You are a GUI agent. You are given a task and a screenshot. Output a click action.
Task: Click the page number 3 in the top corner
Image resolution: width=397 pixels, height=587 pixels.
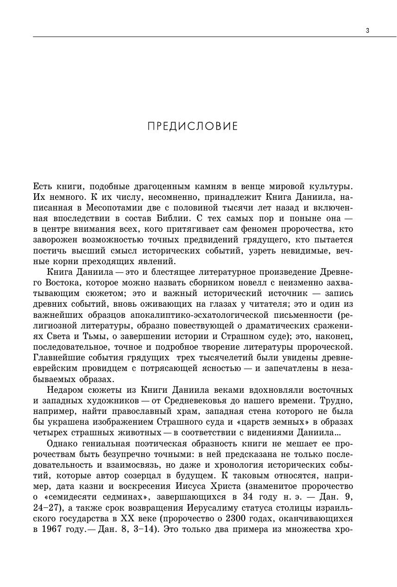(x=367, y=31)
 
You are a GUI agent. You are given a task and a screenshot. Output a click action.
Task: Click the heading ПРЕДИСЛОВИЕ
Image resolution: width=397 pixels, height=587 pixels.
(x=192, y=126)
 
